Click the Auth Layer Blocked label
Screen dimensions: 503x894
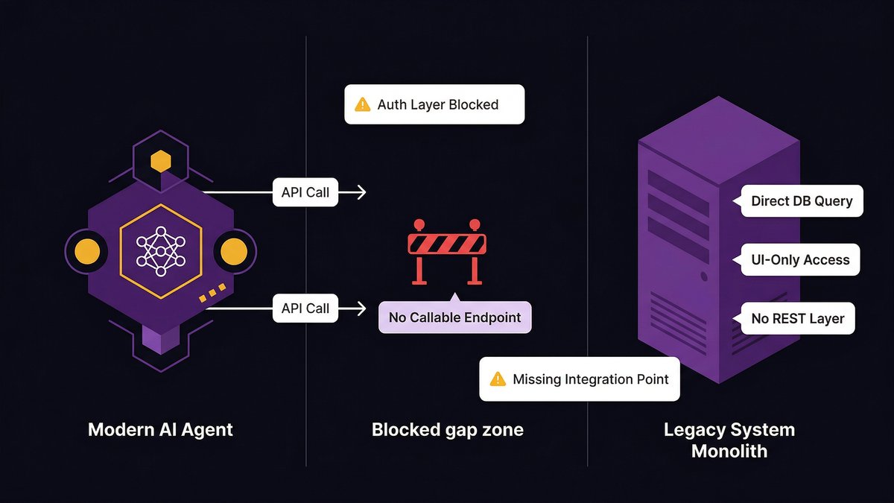coord(434,104)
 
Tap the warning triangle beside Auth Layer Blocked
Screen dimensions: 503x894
coord(362,104)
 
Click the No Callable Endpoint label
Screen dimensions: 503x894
coord(454,318)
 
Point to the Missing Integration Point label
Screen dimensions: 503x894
coord(579,379)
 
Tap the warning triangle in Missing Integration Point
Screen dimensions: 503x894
coord(497,379)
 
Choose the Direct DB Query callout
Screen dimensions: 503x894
coord(801,201)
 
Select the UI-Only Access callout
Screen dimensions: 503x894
coord(799,260)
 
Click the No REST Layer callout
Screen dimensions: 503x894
coord(797,319)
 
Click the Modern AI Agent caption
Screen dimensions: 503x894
coord(160,430)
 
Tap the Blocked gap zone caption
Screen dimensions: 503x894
coord(447,430)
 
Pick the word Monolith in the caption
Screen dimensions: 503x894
coord(729,452)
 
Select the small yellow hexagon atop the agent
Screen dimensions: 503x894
coord(160,160)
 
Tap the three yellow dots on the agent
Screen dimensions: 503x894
coord(212,293)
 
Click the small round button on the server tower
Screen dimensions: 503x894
coord(704,276)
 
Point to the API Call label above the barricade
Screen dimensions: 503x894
coord(305,192)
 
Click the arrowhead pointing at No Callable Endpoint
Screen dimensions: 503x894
coord(362,309)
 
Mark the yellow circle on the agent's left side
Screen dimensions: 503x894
coord(88,252)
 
